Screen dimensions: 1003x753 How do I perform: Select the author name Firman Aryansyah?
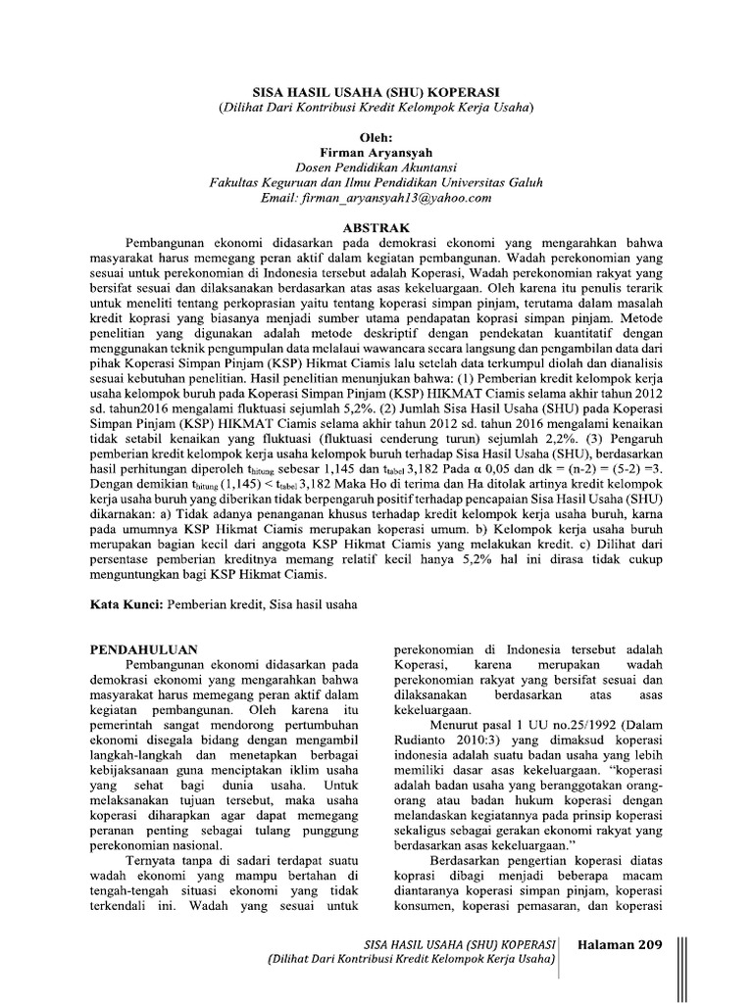(376, 153)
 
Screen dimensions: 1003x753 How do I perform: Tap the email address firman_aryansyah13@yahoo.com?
(376, 199)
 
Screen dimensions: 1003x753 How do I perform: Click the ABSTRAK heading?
(376, 225)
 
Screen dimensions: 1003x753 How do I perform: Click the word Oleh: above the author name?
(376, 138)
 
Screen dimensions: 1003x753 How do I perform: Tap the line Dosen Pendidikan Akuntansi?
(376, 168)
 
